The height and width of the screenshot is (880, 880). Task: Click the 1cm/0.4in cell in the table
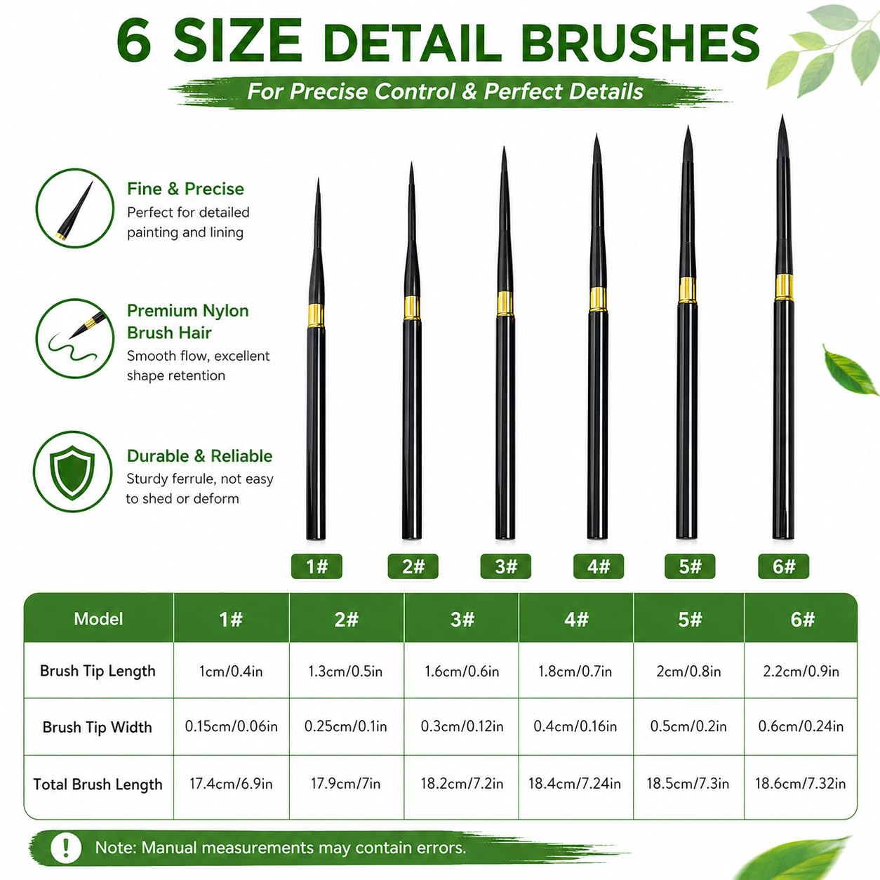click(x=231, y=672)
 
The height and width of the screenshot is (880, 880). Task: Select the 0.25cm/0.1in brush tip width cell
click(x=346, y=726)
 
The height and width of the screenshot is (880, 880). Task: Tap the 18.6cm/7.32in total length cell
click(x=800, y=784)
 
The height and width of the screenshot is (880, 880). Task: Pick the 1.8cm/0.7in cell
click(x=575, y=672)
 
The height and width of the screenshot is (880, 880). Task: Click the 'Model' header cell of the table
click(x=99, y=619)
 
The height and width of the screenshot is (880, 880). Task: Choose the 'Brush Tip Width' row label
click(x=98, y=727)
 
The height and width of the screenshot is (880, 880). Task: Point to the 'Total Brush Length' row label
click(x=98, y=785)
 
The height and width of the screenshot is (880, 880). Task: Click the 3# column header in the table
click(x=462, y=619)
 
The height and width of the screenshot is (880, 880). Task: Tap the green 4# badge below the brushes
click(x=598, y=566)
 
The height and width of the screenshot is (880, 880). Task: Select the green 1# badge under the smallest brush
click(x=316, y=566)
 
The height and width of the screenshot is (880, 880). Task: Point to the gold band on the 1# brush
click(x=316, y=315)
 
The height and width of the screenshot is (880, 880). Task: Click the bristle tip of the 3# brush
click(x=504, y=147)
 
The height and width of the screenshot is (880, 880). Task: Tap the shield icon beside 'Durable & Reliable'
click(x=72, y=472)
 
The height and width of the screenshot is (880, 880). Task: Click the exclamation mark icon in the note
click(x=66, y=848)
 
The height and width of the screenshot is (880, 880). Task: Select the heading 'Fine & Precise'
click(x=185, y=189)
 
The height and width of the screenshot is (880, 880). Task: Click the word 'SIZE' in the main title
click(x=238, y=41)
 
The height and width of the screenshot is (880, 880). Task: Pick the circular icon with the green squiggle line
click(x=74, y=338)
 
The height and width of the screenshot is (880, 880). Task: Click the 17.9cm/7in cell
click(x=346, y=784)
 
